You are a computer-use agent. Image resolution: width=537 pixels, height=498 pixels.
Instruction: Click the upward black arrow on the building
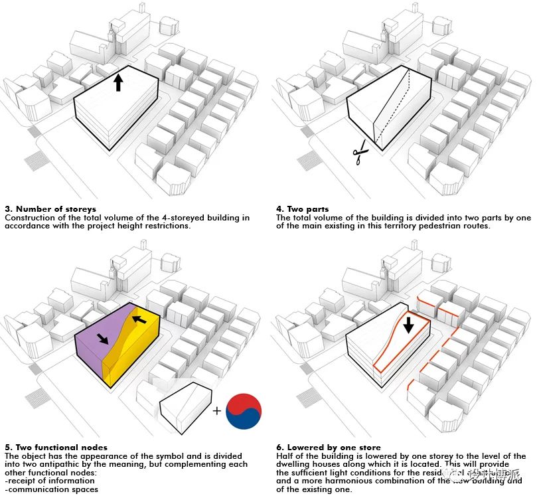click(119, 82)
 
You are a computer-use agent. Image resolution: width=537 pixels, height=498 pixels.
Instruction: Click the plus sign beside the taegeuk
click(216, 411)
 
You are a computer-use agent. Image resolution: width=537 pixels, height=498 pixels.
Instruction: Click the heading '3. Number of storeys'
click(50, 209)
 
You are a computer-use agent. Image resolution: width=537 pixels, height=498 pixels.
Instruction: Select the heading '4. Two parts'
click(302, 209)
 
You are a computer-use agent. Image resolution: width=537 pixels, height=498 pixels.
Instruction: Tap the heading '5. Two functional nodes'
click(56, 448)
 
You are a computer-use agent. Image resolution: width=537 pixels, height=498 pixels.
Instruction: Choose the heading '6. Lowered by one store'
click(328, 448)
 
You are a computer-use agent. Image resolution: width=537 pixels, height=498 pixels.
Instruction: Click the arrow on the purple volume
click(103, 339)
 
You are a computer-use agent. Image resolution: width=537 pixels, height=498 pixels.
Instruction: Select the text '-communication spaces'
click(51, 489)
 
